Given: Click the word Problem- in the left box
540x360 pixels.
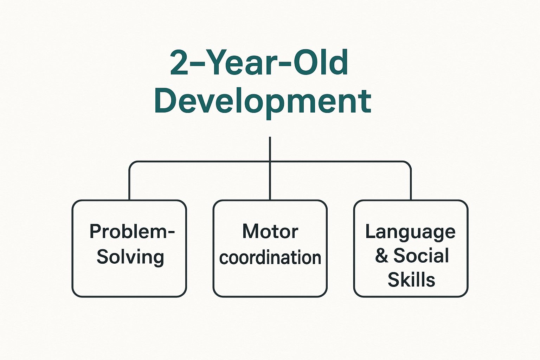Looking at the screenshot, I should pos(132,232).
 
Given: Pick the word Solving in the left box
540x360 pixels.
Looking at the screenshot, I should pos(130,257).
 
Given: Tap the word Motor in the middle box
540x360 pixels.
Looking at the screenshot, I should pos(270,232).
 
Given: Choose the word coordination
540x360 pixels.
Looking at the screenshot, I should pos(270,258).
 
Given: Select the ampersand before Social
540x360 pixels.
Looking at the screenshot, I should pos(381,256).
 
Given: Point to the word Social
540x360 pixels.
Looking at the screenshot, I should pos(421,256).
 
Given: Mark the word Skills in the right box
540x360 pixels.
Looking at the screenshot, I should pos(411,280).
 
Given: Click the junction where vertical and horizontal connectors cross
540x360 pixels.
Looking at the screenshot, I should pos(270,162).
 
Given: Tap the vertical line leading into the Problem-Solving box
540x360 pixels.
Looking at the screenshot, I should pos(129,186).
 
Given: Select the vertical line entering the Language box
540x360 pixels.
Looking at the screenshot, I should pos(411,186).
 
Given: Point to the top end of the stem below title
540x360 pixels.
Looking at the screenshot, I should pos(270,138).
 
